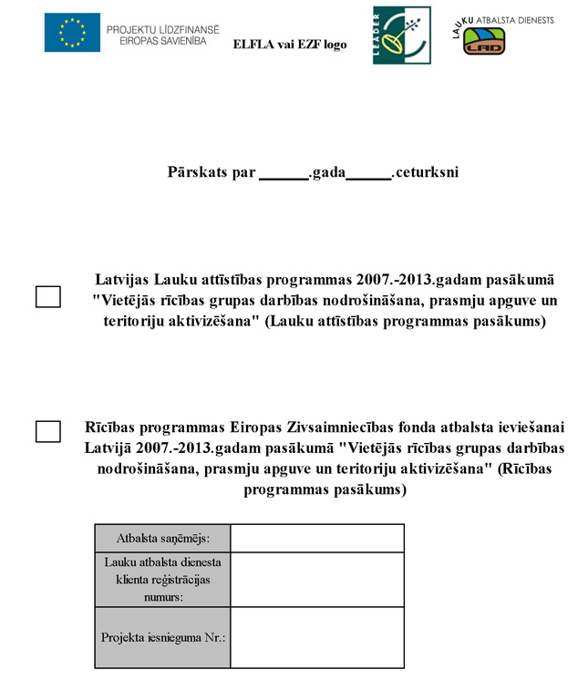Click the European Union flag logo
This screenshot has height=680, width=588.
(x=72, y=33)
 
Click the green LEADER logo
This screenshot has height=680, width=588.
(x=388, y=35)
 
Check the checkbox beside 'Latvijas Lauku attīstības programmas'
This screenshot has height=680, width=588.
(x=47, y=297)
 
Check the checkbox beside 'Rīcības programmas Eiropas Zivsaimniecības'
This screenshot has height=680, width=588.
(x=47, y=431)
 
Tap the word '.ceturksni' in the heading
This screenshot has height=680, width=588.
(x=426, y=172)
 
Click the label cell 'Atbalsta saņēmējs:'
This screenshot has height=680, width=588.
(x=163, y=539)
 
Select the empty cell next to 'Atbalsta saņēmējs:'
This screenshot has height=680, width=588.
(x=316, y=539)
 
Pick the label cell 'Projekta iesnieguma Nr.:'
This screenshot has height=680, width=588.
(x=163, y=637)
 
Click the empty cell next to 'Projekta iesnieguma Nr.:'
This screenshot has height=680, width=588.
(x=316, y=637)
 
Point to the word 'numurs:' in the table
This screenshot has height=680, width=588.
(x=162, y=597)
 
